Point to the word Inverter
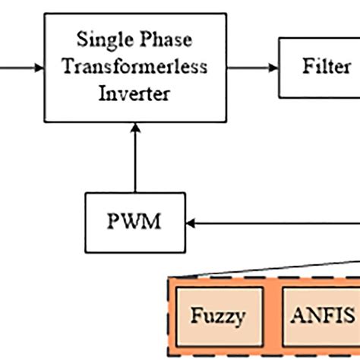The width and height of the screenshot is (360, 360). tap(134, 94)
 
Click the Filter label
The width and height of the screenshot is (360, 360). tap(326, 66)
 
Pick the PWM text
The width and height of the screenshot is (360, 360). tap(134, 223)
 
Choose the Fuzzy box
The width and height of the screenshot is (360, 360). tap(217, 316)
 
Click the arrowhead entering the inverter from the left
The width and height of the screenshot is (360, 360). tap(39, 68)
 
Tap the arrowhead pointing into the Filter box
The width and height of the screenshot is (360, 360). tap(274, 68)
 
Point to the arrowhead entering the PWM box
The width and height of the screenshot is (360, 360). tap(191, 223)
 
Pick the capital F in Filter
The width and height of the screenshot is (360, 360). tap(308, 66)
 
